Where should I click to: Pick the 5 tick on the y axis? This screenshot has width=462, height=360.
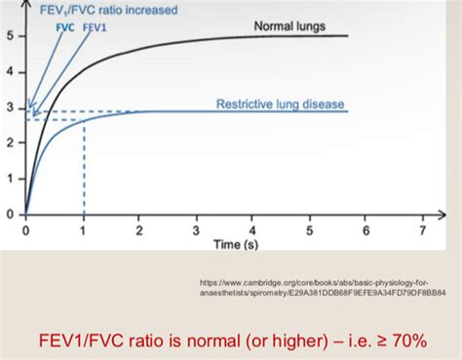pos(9,37)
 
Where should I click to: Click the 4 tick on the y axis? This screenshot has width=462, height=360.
pos(9,72)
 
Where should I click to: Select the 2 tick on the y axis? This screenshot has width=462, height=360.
pos(9,142)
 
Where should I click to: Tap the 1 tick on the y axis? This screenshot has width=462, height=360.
pos(9,179)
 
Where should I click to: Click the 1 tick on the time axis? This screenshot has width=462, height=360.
pos(83,230)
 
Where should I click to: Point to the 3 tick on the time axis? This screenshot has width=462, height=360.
pos(196,230)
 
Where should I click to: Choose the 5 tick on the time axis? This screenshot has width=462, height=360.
pos(309,230)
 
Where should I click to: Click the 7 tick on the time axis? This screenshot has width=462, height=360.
pos(422,230)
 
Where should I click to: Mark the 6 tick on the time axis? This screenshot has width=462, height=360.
pos(366,230)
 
